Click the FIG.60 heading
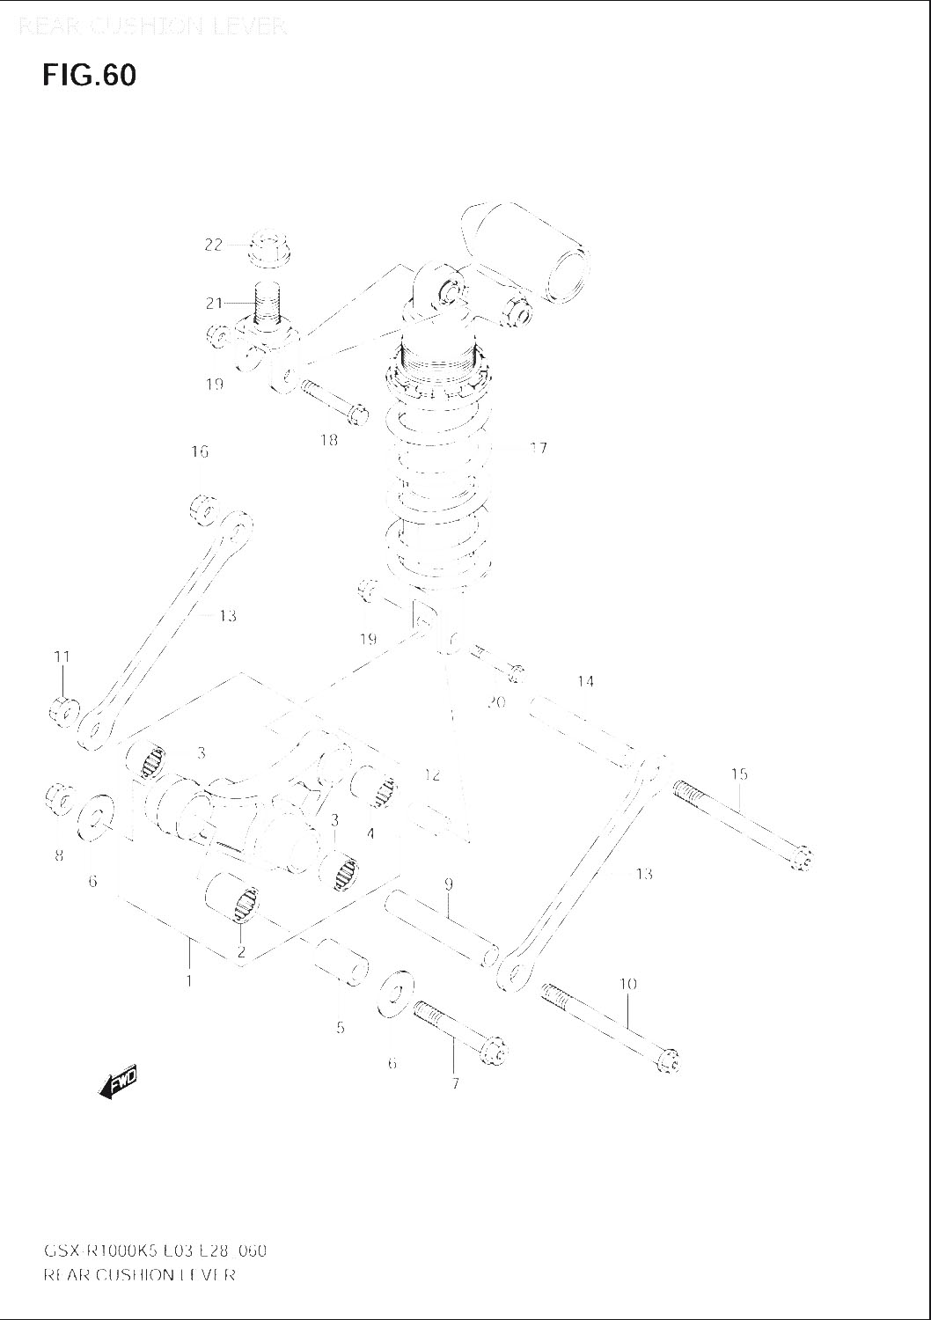coord(89,76)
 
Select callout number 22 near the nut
coord(214,245)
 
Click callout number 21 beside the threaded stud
coord(215,304)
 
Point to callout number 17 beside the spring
coord(539,448)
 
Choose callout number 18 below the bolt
coord(328,440)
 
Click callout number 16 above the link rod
coord(200,451)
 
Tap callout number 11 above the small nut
coord(62,656)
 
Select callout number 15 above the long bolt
coord(739,774)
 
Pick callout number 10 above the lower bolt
coord(627,984)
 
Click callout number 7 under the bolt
coord(455,1084)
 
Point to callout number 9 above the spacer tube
coord(448,884)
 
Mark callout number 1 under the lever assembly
coord(188,980)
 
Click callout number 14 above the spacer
coord(586,681)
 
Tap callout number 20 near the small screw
coord(495,702)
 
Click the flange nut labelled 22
coord(271,247)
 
